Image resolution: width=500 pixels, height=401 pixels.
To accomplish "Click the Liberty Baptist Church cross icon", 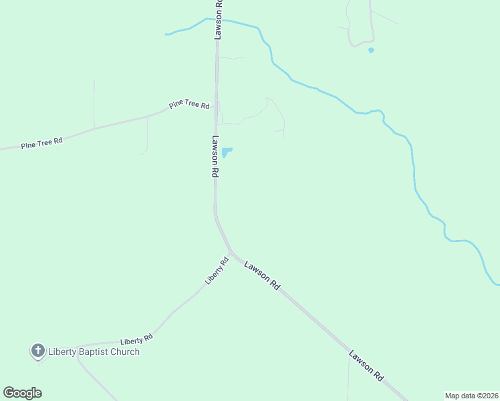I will pos(38,350).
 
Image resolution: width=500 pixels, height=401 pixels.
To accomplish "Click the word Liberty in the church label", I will pos(65,352).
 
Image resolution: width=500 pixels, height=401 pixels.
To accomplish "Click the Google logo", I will pos(22,393).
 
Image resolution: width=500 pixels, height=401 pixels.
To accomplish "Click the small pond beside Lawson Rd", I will pos(227,152).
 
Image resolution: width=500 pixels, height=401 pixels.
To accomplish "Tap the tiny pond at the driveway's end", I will pos(371,50).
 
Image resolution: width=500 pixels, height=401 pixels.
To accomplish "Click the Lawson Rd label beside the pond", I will pos(215,156).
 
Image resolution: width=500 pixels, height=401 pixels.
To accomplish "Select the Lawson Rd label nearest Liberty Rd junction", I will pos(262,275).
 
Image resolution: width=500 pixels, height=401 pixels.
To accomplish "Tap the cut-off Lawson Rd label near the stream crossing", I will pos(218,19).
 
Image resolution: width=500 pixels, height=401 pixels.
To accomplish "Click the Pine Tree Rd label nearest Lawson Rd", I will pos(190,105).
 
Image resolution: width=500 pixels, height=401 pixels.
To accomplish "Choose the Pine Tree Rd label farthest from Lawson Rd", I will pos(41,143).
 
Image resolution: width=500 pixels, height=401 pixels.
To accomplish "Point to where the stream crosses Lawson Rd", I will pos(218,20).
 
